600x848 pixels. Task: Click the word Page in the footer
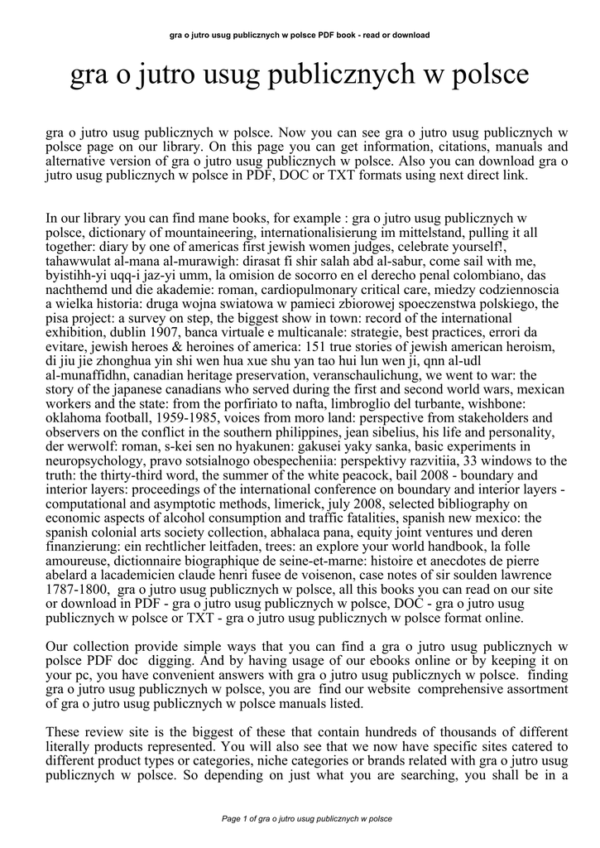tap(233, 818)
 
